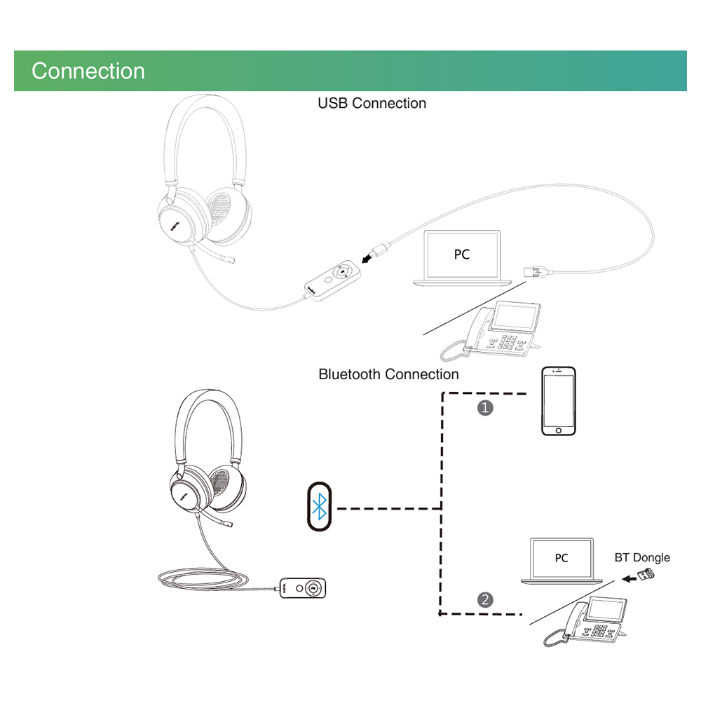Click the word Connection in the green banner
(88, 71)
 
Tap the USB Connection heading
(372, 103)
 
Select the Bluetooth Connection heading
(388, 374)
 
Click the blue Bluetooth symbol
(319, 507)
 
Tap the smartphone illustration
(559, 401)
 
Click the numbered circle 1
(485, 408)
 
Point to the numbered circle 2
(485, 599)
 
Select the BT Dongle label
(642, 557)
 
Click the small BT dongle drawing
(646, 574)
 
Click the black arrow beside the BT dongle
(629, 579)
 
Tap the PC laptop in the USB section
(462, 257)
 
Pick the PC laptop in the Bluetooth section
(562, 561)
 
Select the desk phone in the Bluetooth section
(586, 621)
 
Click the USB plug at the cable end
(538, 271)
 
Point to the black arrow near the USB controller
(367, 258)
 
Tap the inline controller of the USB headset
(332, 281)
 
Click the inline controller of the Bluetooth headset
(303, 588)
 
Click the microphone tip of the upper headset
(229, 259)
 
